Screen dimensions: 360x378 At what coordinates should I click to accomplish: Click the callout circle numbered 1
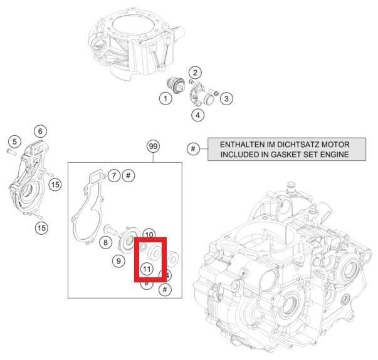click(x=165, y=98)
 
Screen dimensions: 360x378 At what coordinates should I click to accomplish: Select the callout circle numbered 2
click(x=195, y=73)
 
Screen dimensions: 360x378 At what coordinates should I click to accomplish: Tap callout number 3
click(x=227, y=98)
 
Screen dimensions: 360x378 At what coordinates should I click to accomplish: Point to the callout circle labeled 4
click(x=197, y=115)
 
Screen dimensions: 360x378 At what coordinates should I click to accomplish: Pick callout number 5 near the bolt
click(x=14, y=141)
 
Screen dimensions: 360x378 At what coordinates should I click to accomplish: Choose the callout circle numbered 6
click(x=40, y=131)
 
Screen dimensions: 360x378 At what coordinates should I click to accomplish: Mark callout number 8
click(x=105, y=242)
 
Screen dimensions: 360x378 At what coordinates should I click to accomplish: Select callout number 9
click(x=118, y=260)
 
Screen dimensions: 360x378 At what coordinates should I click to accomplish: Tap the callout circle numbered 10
click(x=149, y=234)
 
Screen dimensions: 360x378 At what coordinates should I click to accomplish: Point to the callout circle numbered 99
click(x=153, y=146)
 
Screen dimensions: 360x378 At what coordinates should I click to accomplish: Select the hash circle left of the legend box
click(x=194, y=148)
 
